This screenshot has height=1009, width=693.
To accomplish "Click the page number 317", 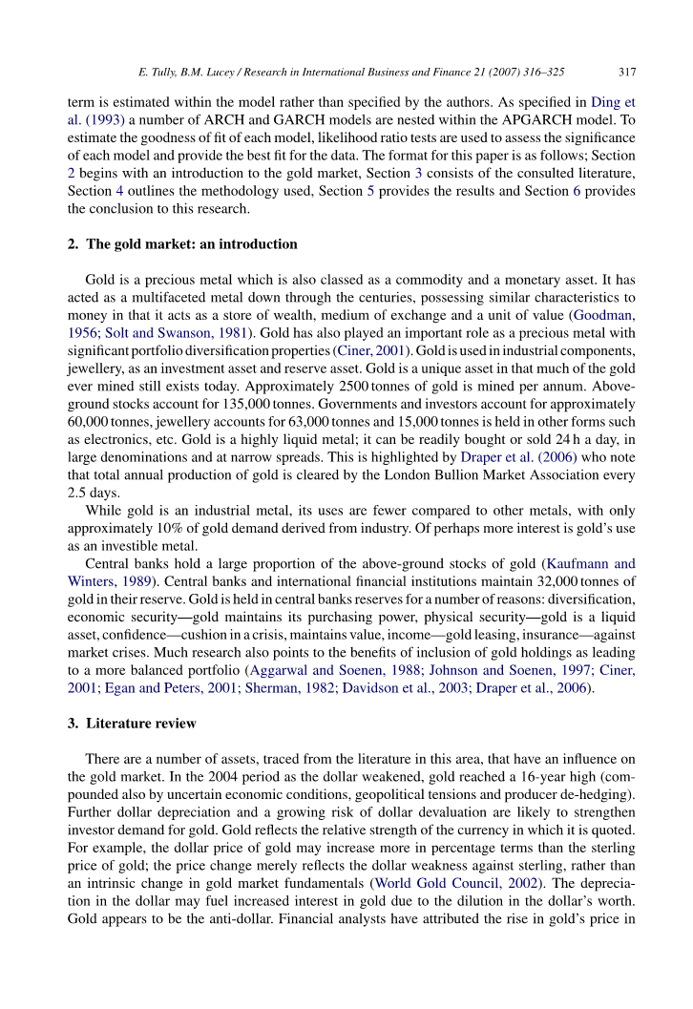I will (x=627, y=72).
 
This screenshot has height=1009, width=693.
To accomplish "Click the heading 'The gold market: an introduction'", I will (x=192, y=244).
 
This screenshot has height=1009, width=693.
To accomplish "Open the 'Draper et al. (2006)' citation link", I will (x=517, y=457).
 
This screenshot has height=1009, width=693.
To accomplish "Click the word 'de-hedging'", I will (x=600, y=768).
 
